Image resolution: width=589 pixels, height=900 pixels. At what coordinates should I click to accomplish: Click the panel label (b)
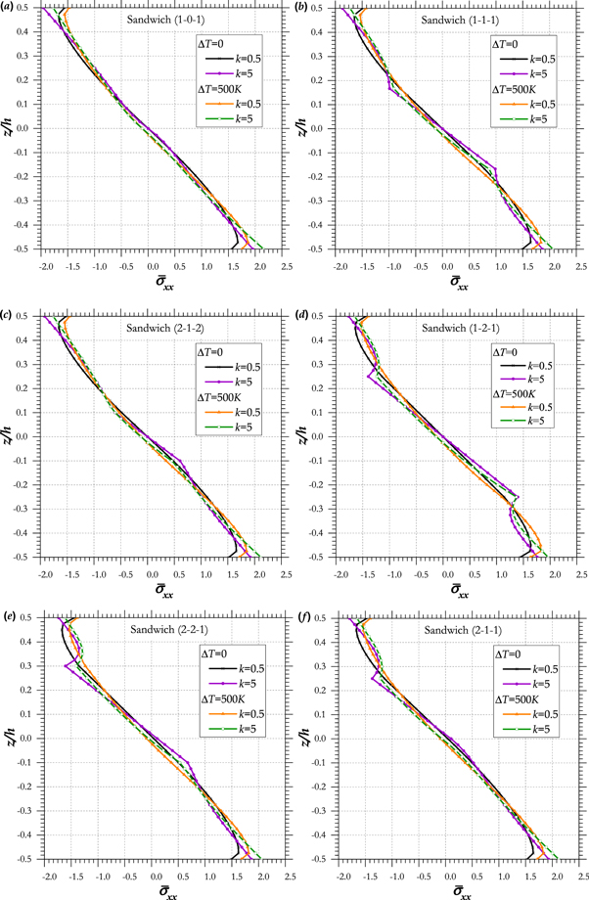302,8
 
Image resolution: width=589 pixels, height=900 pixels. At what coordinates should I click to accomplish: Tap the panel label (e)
8,617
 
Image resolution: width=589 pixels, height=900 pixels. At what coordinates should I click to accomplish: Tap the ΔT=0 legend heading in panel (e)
217,652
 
